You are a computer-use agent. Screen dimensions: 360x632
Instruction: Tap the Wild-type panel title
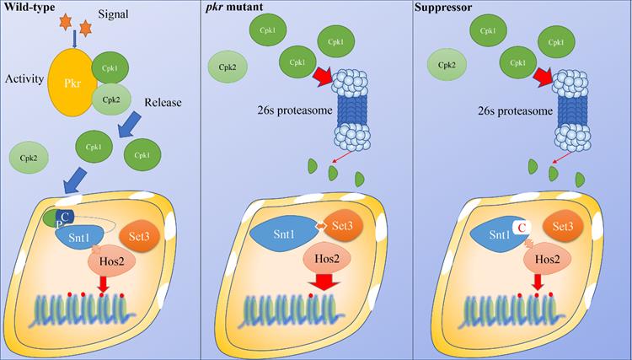pos(29,7)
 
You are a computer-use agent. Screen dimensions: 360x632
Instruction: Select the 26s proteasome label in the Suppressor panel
pos(520,110)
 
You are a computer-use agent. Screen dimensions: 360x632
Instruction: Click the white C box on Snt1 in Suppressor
pos(521,228)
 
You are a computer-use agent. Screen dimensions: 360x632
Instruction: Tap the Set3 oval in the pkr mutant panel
pos(342,225)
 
